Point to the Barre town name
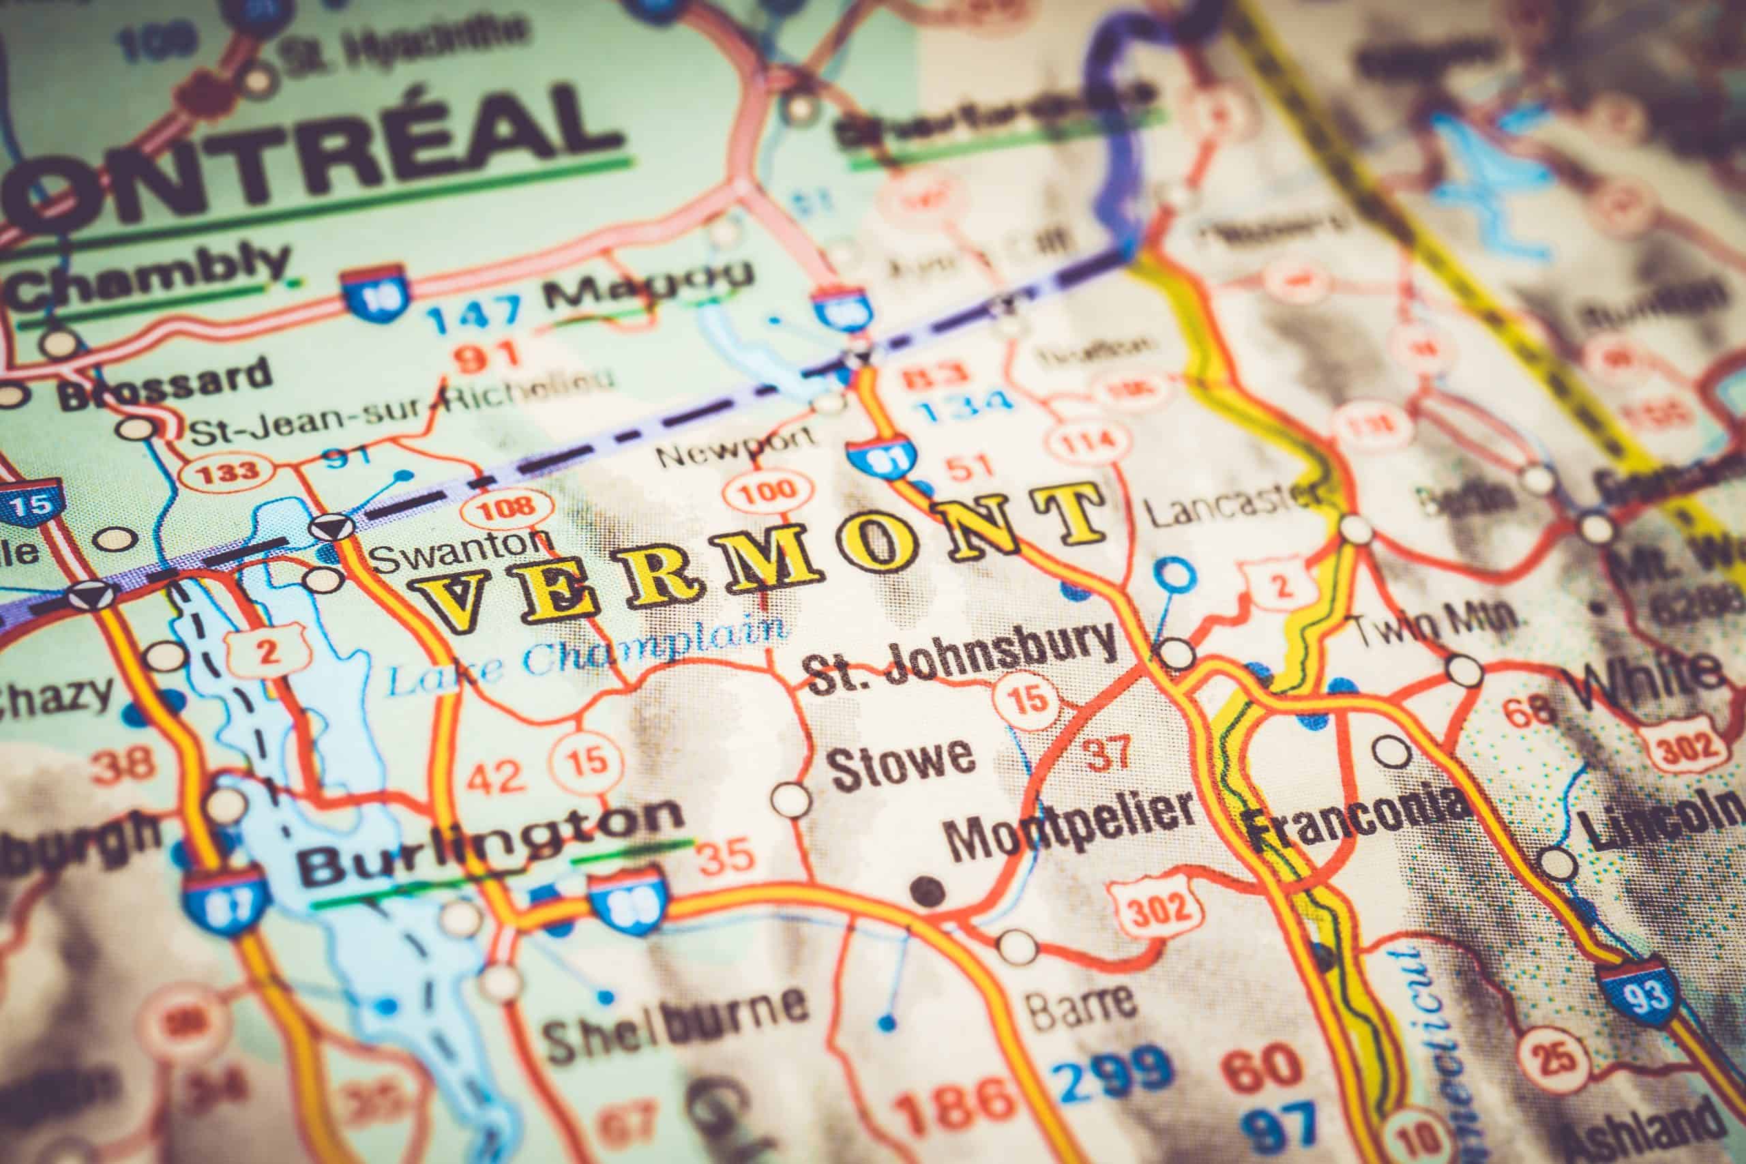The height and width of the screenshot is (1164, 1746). click(x=1080, y=1004)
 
